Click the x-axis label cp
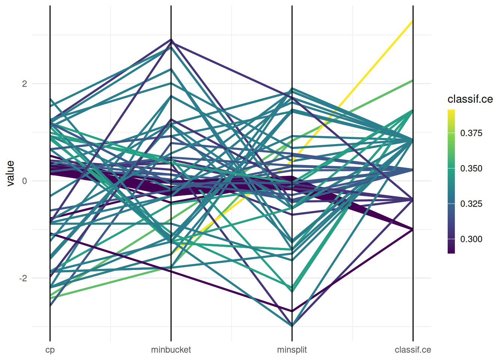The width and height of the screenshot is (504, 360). (x=50, y=350)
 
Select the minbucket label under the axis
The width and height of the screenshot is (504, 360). (x=171, y=350)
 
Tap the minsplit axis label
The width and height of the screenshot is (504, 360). (x=292, y=350)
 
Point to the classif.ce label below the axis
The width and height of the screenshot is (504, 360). (x=413, y=350)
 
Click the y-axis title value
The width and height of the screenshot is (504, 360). (x=10, y=173)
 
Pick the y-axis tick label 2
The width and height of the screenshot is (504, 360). (x=24, y=84)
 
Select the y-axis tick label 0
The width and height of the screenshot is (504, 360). (x=24, y=181)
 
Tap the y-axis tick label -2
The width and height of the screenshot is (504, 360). (x=23, y=278)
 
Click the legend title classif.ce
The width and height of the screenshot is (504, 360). (x=470, y=99)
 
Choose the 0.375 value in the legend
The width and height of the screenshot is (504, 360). (x=471, y=133)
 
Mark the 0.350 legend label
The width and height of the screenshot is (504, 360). (x=471, y=168)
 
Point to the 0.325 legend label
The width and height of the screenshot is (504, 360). (x=471, y=204)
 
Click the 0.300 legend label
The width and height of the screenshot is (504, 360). (x=471, y=239)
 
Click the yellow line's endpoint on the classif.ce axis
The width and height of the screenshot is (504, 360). (x=413, y=21)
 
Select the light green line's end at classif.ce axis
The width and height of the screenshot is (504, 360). (x=413, y=80)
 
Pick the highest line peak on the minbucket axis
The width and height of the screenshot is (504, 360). (x=171, y=39)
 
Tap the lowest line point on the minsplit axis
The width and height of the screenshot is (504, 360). (x=292, y=326)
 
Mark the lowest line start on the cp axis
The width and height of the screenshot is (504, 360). (x=50, y=306)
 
